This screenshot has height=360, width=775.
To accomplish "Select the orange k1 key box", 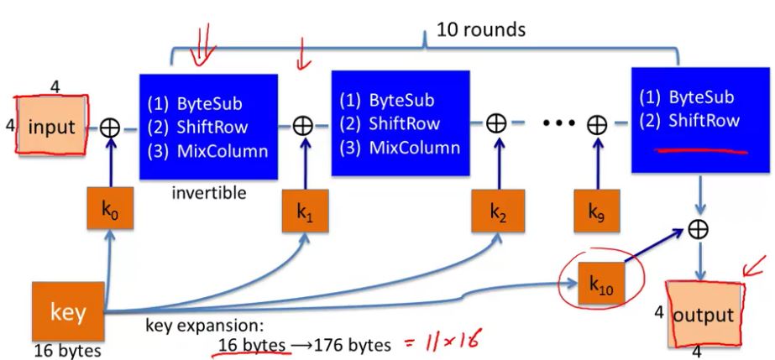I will point(303,217).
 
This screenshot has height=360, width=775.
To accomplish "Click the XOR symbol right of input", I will point(110,128).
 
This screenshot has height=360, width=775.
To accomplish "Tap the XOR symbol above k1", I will point(302,125).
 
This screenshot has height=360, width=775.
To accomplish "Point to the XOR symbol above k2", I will point(496,123).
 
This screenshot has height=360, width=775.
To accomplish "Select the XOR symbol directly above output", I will point(696,228).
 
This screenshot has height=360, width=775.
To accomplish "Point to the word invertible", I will point(209,193).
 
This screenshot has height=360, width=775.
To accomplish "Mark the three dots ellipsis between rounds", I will point(557,124).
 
